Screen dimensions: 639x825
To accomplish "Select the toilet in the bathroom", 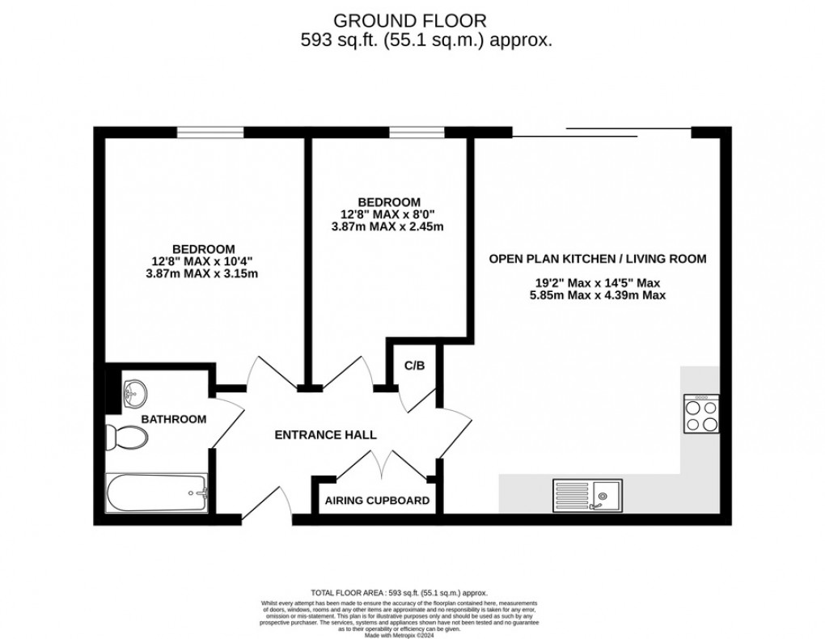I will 127,438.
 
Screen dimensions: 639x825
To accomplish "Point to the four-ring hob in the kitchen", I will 701,414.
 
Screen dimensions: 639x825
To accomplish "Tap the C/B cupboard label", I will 414,366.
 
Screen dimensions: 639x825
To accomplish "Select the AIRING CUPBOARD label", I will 377,501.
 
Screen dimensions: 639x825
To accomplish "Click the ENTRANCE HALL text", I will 325,435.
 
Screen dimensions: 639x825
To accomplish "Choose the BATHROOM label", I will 174,419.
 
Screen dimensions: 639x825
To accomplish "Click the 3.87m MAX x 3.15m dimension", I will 203,274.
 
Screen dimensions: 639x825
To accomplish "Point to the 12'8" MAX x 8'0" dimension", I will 390,214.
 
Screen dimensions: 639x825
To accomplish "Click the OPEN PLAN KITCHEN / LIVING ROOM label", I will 598,259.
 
